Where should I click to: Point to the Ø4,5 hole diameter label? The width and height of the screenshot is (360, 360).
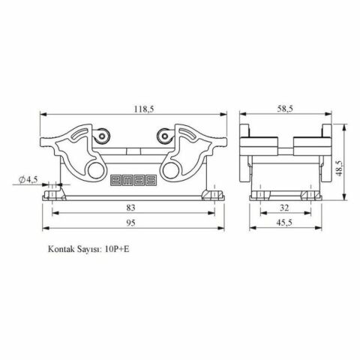point(28,179)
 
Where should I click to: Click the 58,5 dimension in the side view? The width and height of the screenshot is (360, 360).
point(284,109)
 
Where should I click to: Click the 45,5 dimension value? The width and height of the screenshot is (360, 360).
point(284,224)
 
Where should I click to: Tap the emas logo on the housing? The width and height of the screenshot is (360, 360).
point(134,179)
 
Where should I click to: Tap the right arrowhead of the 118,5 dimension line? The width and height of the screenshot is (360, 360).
point(225,115)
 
